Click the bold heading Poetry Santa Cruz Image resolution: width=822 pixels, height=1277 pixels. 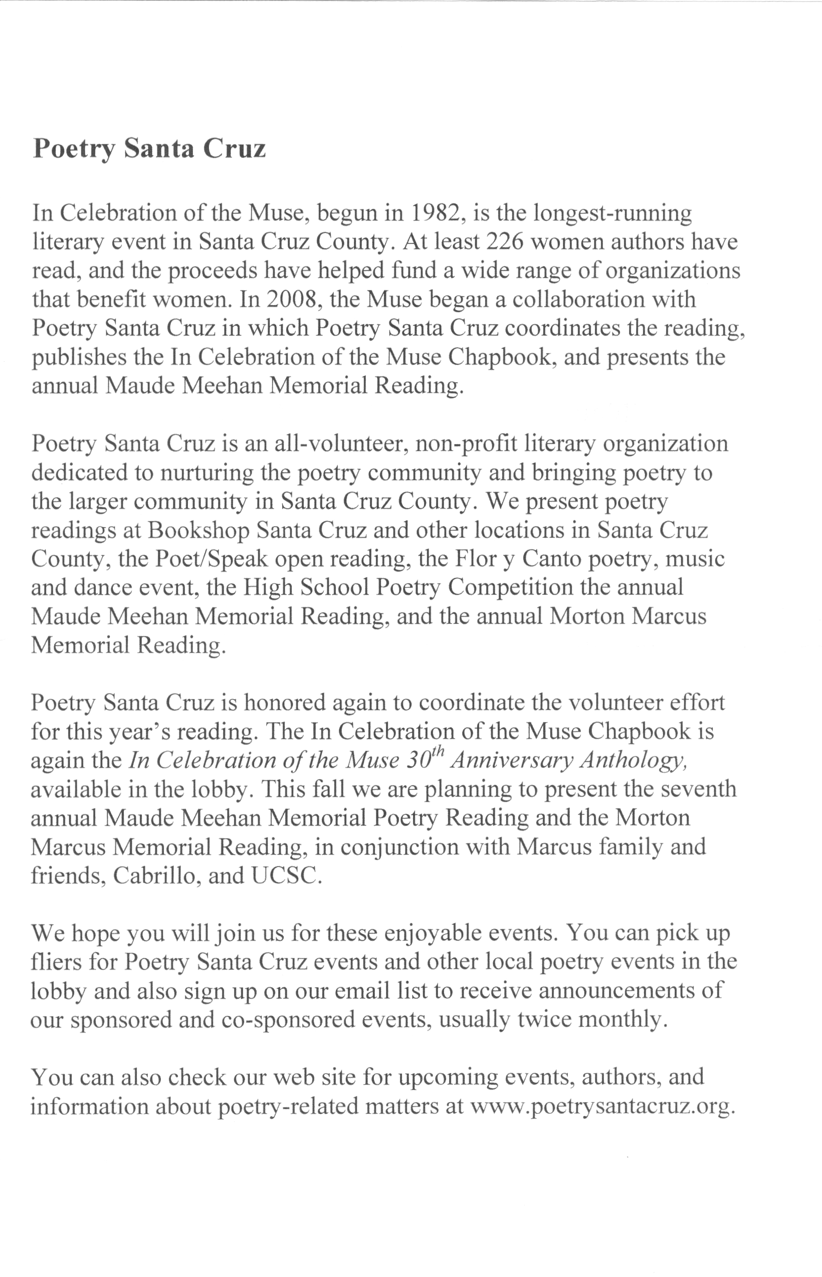[149, 148]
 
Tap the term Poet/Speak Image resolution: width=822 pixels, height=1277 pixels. [212, 559]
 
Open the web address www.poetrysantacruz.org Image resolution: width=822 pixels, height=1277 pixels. [602, 1106]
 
